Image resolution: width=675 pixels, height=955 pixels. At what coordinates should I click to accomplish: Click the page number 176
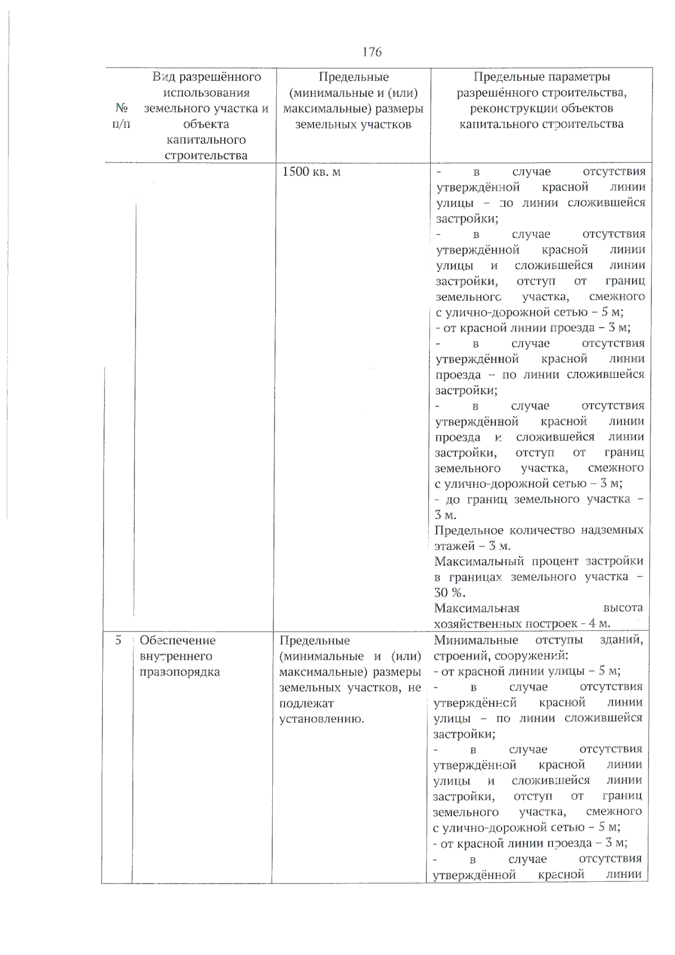tap(372, 52)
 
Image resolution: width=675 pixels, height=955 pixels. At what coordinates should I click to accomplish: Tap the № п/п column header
tap(121, 116)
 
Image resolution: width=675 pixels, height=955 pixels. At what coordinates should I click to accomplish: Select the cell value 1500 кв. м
tap(311, 172)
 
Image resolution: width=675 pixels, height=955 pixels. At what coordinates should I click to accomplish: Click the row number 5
tap(118, 640)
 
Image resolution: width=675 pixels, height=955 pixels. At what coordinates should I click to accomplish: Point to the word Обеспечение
tap(177, 640)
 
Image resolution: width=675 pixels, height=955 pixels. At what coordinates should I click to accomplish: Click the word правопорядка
tap(179, 672)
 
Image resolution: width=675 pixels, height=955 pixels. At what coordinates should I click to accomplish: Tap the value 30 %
tap(449, 592)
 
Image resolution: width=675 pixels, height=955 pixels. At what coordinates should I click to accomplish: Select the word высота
tap(623, 607)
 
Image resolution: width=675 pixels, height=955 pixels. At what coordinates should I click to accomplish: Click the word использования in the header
tap(206, 92)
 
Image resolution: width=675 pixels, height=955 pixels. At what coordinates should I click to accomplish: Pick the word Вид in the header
tap(164, 76)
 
